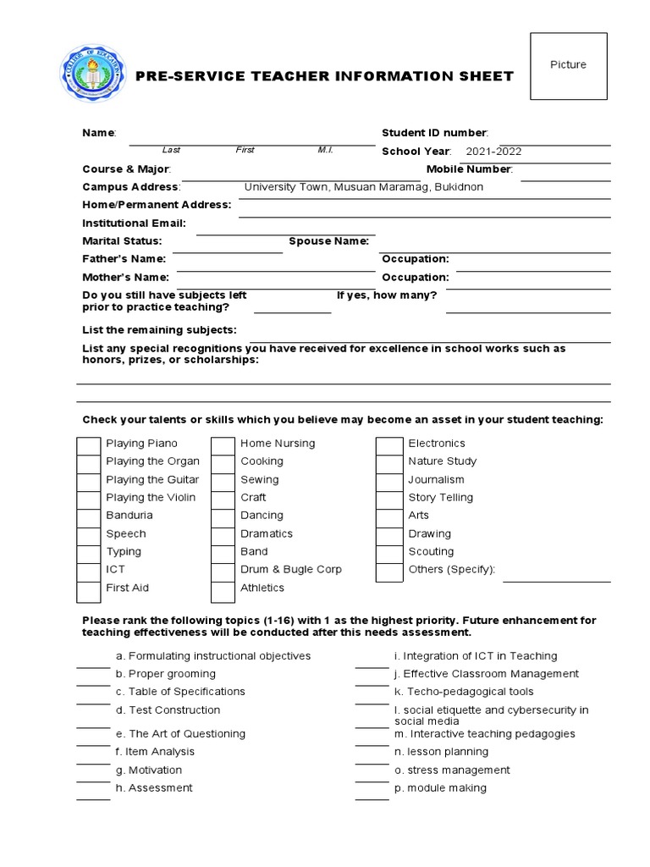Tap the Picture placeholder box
[568, 66]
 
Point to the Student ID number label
[434, 133]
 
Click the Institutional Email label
[134, 224]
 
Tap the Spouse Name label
[329, 241]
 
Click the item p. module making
[440, 788]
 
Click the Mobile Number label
[469, 169]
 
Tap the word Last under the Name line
[171, 150]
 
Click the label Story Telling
[440, 498]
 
